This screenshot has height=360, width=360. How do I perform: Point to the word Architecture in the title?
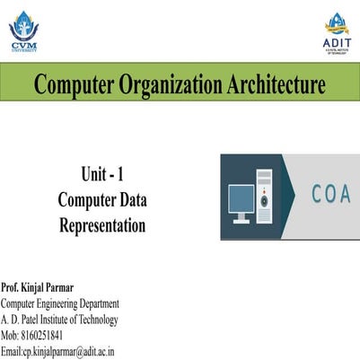[277, 85]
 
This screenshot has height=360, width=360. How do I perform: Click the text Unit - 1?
[101, 177]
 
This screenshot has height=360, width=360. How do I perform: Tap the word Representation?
[101, 225]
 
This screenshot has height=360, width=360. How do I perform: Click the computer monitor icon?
[241, 201]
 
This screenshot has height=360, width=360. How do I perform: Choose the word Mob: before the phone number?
[11, 336]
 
